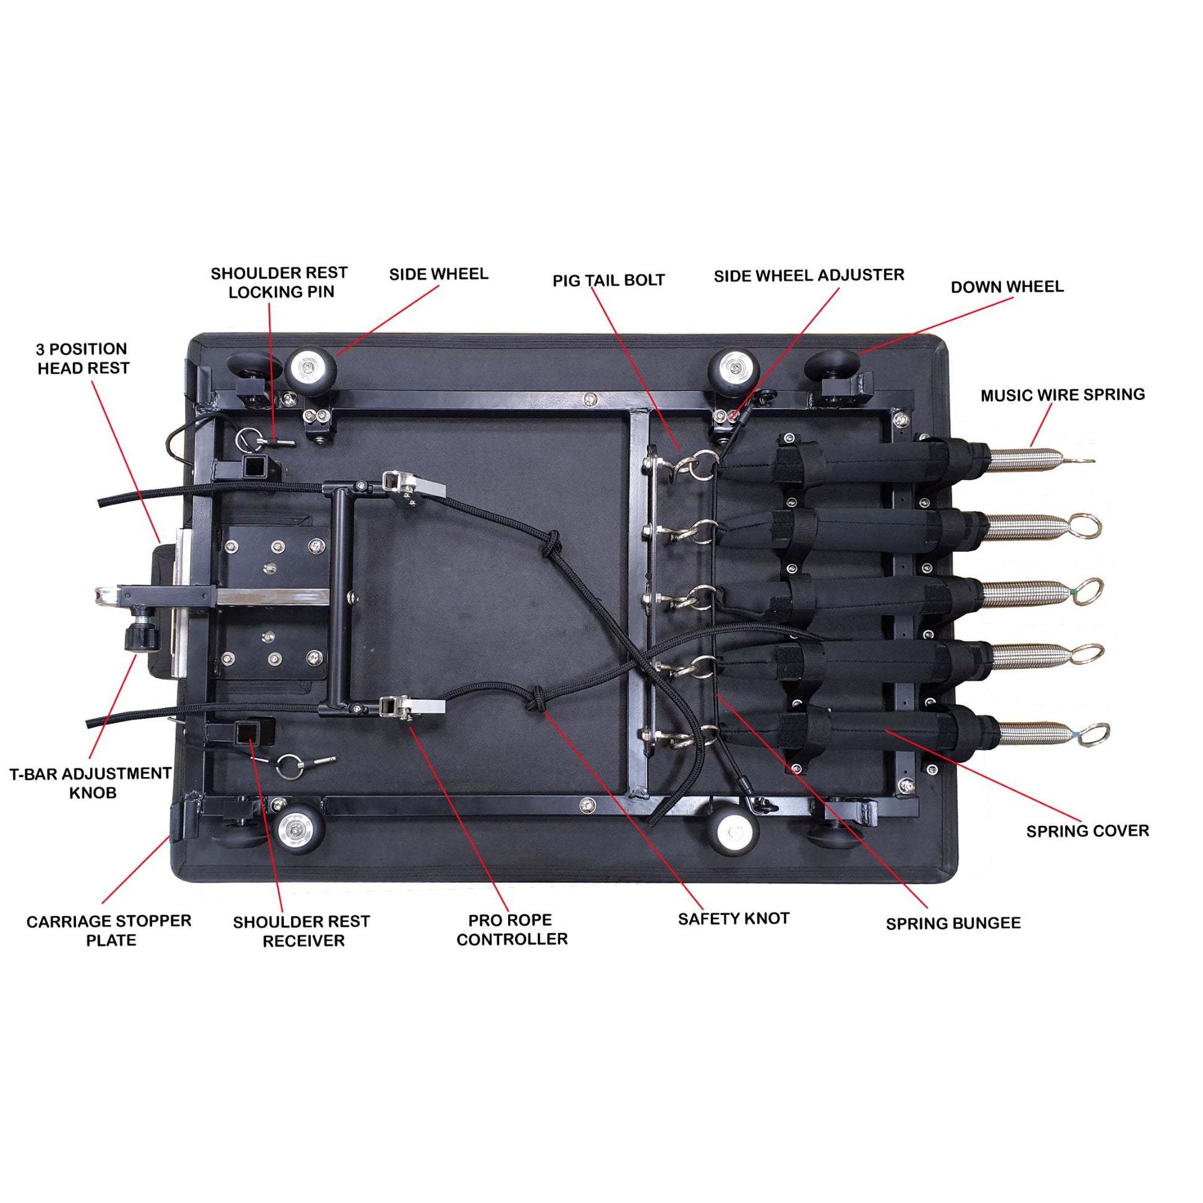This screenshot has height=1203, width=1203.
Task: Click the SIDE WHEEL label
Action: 438,274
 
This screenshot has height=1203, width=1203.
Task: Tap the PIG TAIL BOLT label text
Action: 608,281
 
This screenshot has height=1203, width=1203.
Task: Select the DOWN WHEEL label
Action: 1007,287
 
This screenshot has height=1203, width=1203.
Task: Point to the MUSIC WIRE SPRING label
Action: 1062,395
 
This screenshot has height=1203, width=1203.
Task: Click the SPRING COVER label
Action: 1087,831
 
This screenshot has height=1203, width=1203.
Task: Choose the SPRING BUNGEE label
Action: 953,924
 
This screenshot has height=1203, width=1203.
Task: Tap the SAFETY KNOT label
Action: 734,919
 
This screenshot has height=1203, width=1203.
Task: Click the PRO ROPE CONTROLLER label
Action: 511,930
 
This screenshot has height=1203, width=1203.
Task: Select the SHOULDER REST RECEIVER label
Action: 302,931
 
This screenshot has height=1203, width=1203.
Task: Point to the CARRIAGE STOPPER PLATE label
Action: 109,930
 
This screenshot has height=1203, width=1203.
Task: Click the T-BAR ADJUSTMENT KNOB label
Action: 91,783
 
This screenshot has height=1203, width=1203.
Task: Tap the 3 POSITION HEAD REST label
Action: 82,359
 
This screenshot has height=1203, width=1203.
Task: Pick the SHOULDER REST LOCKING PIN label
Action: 279,283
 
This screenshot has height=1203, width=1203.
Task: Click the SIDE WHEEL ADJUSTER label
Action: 808,276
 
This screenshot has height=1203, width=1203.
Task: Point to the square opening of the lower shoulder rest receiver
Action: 252,731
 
